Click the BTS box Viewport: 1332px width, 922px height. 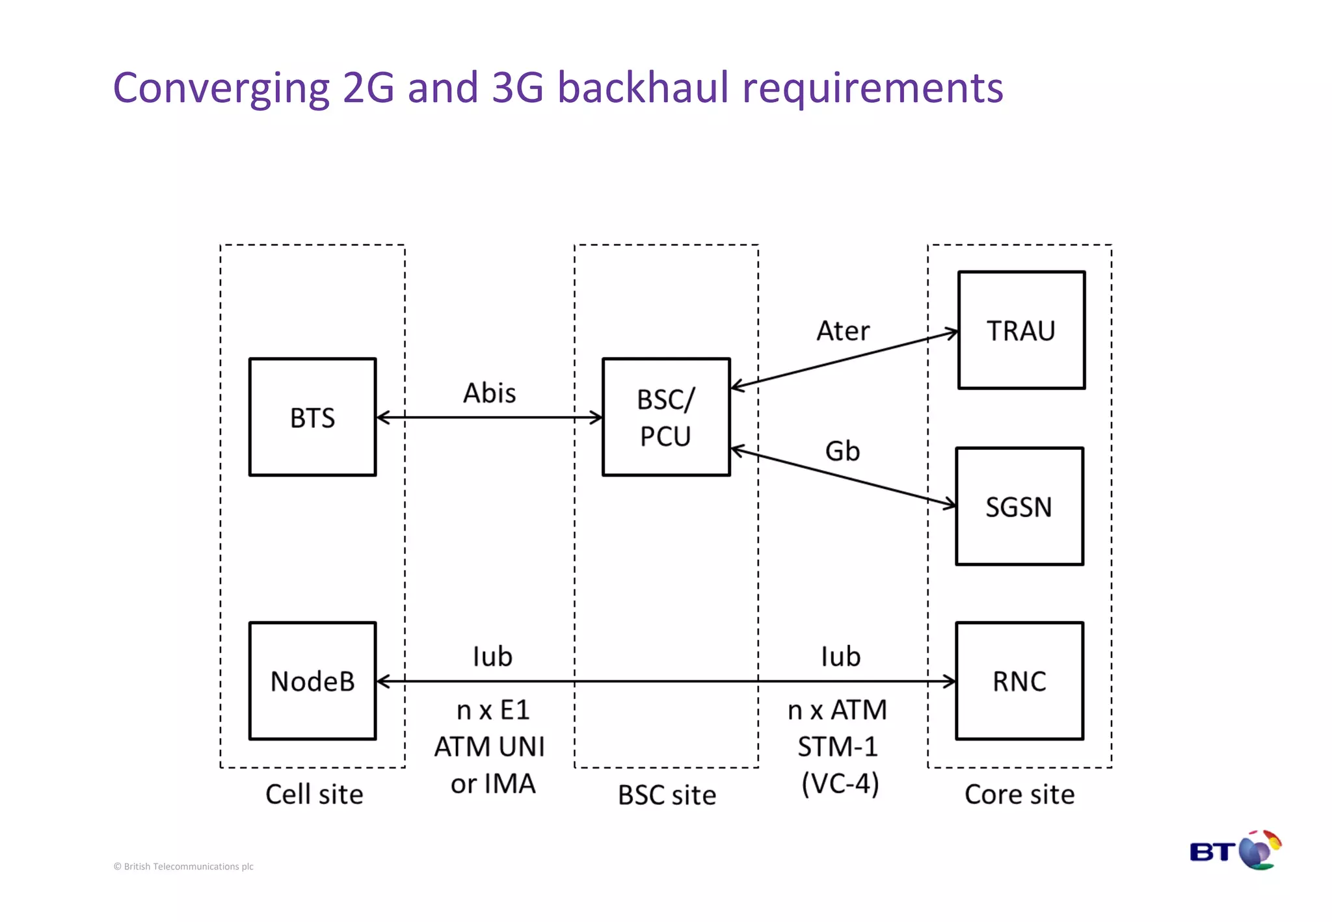point(312,417)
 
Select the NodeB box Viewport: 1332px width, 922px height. point(312,681)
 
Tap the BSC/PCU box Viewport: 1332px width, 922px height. point(666,417)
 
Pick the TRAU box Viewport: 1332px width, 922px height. point(1021,330)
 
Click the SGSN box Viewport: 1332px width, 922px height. point(1019,507)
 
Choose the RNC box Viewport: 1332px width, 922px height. point(1019,681)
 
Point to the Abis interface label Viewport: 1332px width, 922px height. point(489,393)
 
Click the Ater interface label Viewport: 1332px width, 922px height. point(843,331)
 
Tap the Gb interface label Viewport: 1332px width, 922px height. point(842,451)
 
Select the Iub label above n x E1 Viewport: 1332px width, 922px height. point(492,657)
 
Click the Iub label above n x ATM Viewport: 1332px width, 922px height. point(840,657)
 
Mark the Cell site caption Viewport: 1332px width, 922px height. point(314,795)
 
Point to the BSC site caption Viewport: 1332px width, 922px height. point(667,795)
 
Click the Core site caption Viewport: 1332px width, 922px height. point(1019,795)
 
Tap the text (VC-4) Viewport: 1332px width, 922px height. point(840,784)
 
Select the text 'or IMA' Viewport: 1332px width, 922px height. point(493,784)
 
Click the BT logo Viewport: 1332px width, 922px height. point(1234,850)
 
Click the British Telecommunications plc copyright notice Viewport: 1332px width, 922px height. point(183,866)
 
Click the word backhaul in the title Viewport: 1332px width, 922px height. point(643,87)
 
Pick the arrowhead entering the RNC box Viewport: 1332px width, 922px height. point(950,681)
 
